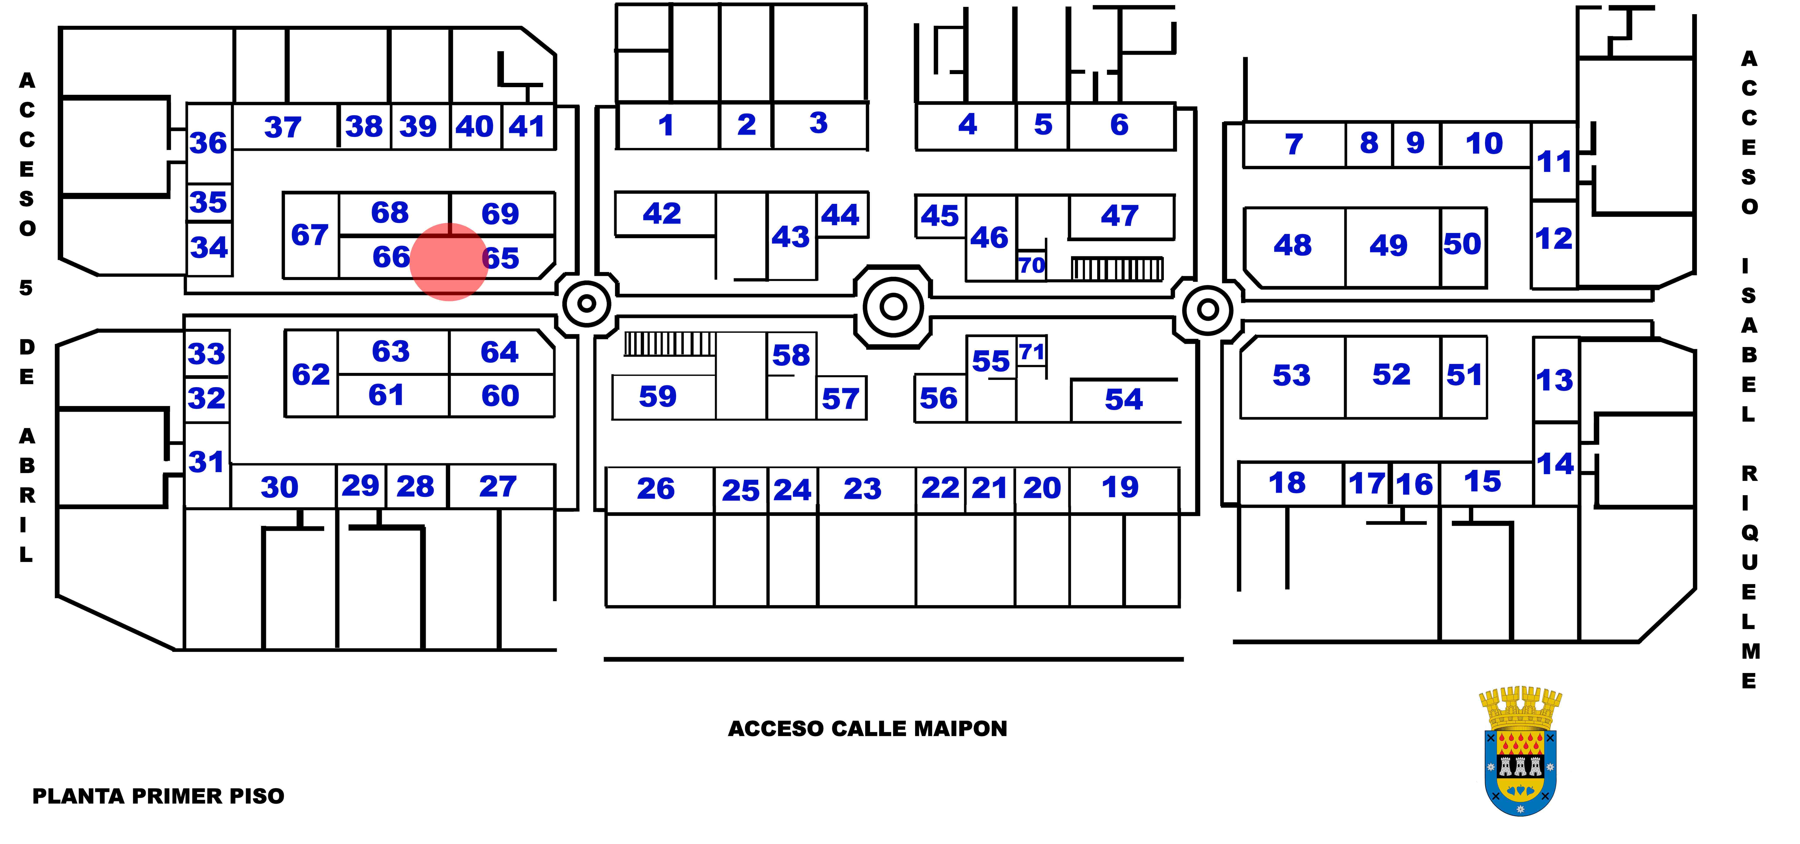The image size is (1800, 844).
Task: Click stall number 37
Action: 282,127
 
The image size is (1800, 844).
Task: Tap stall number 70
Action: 1031,265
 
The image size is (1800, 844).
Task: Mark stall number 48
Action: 1292,245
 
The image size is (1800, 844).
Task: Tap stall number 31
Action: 206,462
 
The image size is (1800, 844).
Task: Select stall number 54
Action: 1124,400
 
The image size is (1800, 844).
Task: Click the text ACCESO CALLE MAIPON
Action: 867,729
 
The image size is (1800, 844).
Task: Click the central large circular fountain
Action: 893,306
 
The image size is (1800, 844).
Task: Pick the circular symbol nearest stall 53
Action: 1207,309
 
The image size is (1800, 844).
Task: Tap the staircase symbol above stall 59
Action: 669,344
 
